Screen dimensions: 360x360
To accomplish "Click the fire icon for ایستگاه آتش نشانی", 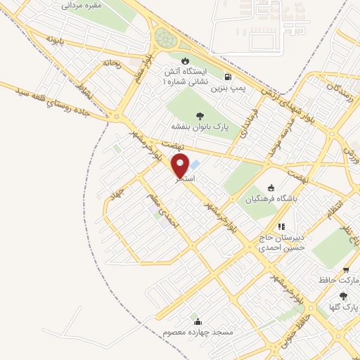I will pyautogui.click(x=185, y=60).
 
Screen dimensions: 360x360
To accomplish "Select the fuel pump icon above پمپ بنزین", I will pyautogui.click(x=227, y=77).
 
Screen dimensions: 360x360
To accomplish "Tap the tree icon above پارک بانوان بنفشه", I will pyautogui.click(x=200, y=114).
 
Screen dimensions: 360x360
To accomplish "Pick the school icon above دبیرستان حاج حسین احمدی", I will pyautogui.click(x=281, y=226).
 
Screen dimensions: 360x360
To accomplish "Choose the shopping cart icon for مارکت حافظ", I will pyautogui.click(x=345, y=270).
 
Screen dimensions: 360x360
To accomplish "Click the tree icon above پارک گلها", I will pyautogui.click(x=341, y=296).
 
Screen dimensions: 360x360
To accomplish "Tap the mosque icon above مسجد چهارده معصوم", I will pyautogui.click(x=195, y=320).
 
